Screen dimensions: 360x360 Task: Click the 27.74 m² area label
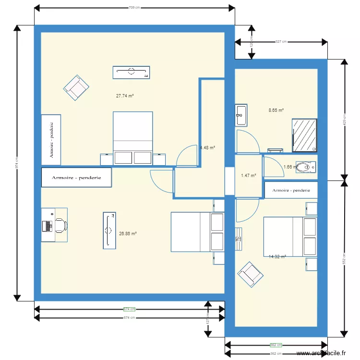coord(125,96)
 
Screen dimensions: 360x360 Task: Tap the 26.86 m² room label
coord(128,234)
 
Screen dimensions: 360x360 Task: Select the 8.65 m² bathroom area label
coord(276,110)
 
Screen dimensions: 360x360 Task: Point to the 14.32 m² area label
coord(277,257)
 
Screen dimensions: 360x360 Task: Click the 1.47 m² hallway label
coord(248,176)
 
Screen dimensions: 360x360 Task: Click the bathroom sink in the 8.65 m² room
coord(241,115)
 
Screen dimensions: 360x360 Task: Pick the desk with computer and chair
coord(54,225)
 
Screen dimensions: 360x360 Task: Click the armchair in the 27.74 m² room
coord(76,87)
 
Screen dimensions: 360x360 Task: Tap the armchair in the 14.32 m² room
coord(250,274)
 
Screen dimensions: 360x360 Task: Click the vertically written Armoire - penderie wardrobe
coord(51,139)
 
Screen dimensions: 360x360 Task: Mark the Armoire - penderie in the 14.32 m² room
coord(291,190)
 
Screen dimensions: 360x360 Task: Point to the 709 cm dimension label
coord(134,8)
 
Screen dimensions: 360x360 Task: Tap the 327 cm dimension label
coord(281,42)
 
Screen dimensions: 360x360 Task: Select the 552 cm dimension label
coord(343,258)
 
